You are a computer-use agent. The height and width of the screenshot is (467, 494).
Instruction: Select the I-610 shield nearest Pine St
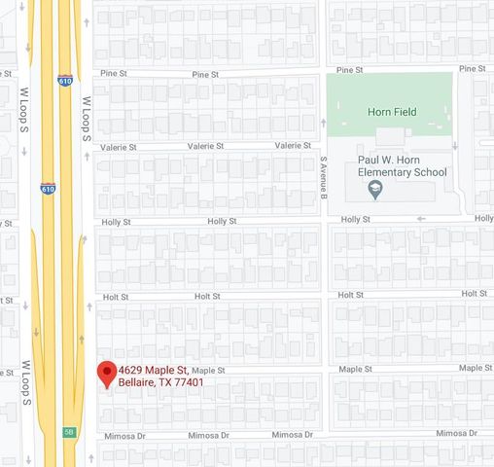[63, 81]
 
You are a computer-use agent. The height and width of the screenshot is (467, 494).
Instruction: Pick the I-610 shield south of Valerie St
[48, 187]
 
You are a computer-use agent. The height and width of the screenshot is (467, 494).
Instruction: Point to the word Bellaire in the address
[137, 382]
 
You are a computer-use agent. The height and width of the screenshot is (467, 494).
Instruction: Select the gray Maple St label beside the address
[208, 371]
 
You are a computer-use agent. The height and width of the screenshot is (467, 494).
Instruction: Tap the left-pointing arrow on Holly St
[421, 219]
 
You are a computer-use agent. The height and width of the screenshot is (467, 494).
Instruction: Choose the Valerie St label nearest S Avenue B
[292, 146]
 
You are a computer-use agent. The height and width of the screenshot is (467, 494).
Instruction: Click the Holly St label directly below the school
[353, 221]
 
